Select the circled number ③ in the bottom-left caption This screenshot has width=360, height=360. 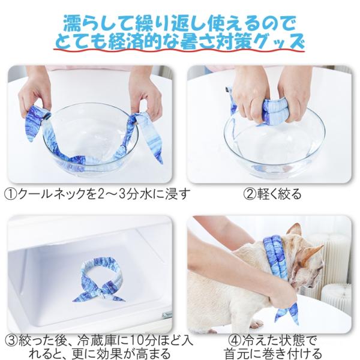click(x=11, y=341)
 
